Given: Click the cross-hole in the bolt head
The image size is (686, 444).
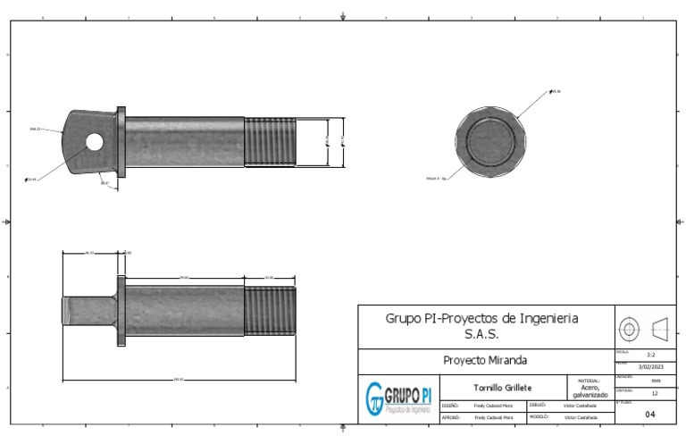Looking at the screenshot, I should [94, 140].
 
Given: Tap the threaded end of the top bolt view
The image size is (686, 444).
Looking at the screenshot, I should [271, 141].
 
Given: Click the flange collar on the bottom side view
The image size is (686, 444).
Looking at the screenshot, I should [121, 312].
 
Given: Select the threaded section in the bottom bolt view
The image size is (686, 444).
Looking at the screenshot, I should [270, 312].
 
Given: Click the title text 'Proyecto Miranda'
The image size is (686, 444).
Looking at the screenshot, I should [485, 361].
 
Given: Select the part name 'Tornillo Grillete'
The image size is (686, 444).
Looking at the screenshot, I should [502, 388].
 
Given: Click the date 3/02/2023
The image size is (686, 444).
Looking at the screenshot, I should [651, 366].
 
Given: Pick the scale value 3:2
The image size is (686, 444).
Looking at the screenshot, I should [651, 355].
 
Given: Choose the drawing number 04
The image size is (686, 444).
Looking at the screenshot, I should [650, 415].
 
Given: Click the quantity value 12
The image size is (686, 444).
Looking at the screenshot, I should [655, 393].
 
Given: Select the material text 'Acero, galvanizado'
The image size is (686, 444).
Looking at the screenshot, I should [590, 391].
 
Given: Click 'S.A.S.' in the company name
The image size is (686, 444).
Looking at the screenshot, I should [481, 334].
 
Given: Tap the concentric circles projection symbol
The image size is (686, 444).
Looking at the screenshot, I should [629, 329].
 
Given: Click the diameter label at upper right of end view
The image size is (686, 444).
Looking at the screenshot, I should [556, 91].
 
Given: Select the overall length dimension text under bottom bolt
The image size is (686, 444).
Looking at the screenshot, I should [178, 380].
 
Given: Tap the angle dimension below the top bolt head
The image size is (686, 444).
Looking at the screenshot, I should [105, 183].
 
